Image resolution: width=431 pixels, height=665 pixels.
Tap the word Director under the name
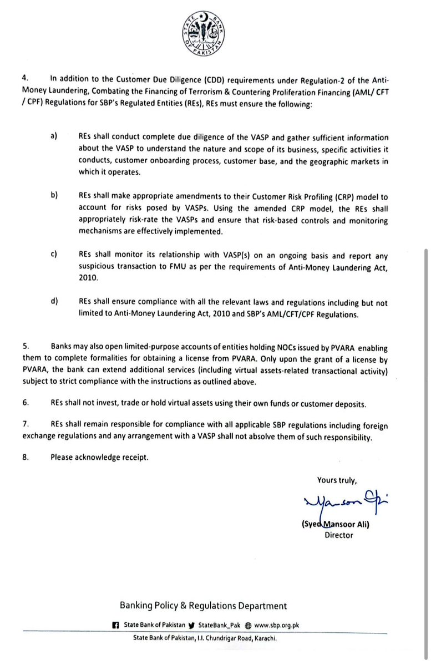(x=338, y=535)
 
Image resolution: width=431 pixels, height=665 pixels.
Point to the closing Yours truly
(x=337, y=480)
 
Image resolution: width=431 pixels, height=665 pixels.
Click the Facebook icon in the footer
(x=115, y=625)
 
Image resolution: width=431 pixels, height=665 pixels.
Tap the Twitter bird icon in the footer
(x=192, y=625)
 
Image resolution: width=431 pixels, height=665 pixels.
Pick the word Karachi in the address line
(x=265, y=638)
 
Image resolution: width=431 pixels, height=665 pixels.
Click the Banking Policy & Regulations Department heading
(x=204, y=606)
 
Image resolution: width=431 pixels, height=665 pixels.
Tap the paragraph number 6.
(x=26, y=405)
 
